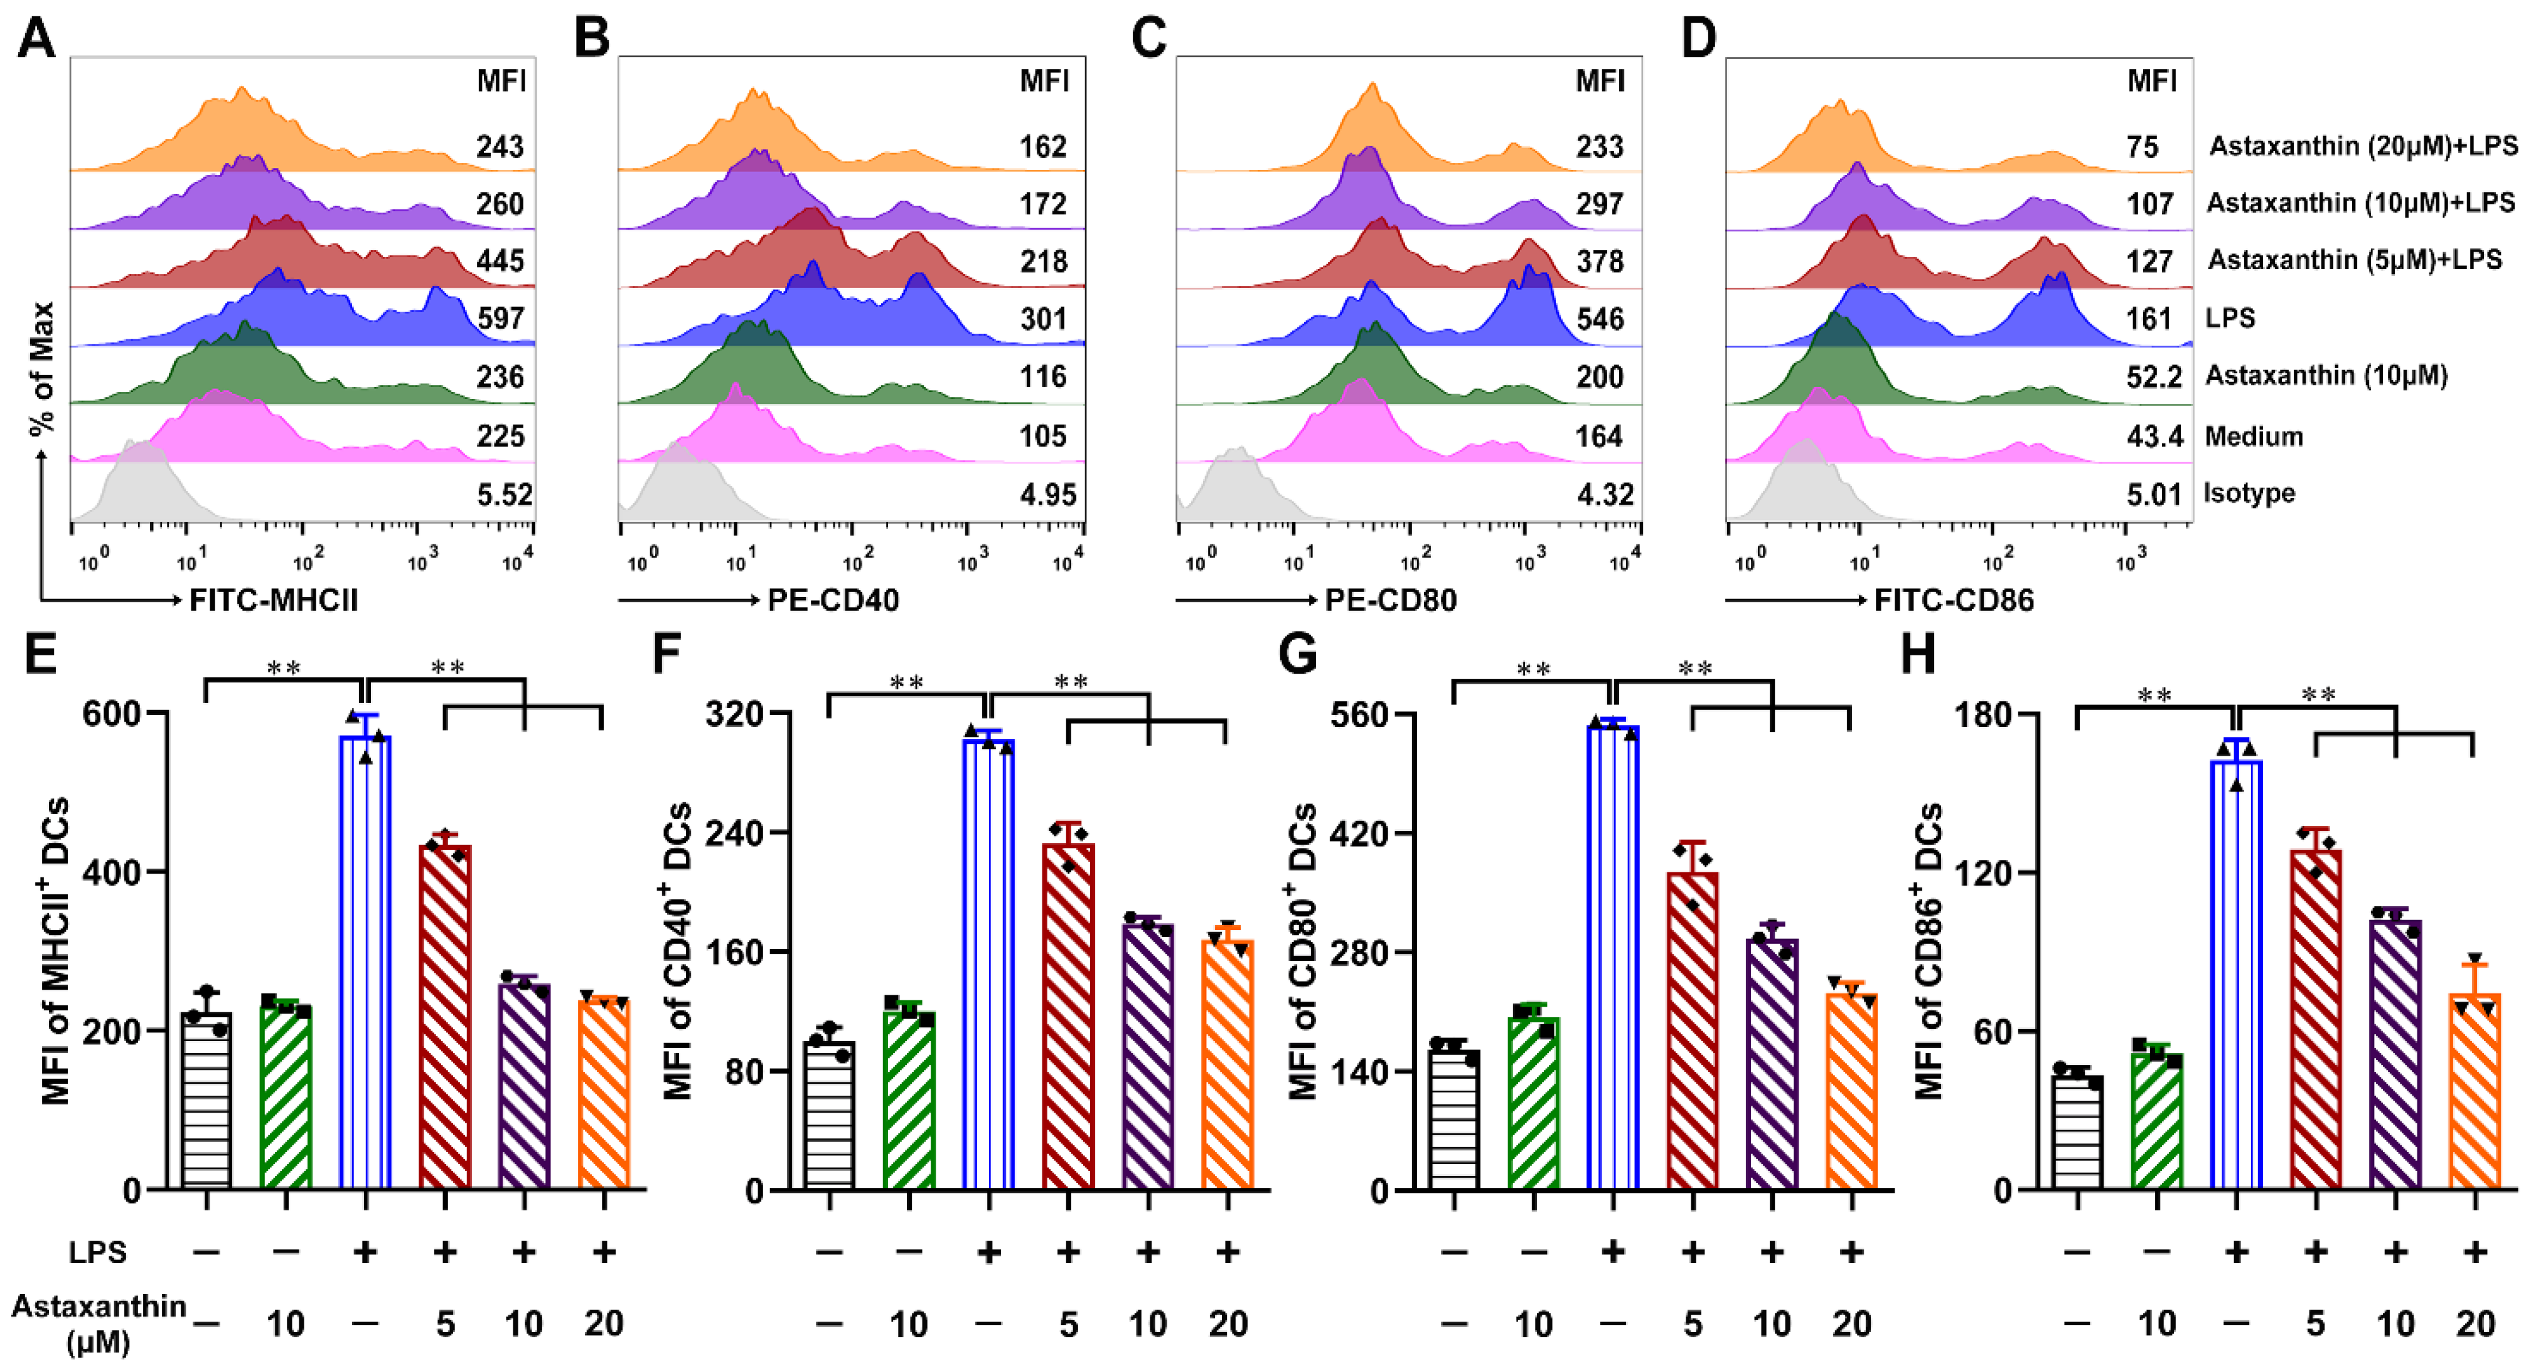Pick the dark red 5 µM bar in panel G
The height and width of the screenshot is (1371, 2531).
(1692, 1031)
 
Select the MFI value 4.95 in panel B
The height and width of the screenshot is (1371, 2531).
(1047, 494)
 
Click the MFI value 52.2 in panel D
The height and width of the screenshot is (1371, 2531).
(2154, 376)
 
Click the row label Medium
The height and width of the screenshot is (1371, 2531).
(2253, 435)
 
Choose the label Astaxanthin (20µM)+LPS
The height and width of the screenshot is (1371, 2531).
(2363, 146)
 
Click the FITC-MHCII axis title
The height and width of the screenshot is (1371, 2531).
(273, 600)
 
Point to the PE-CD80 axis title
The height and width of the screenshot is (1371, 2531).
(1390, 600)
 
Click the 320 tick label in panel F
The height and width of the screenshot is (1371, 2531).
(734, 713)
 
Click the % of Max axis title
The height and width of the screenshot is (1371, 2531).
(41, 368)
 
